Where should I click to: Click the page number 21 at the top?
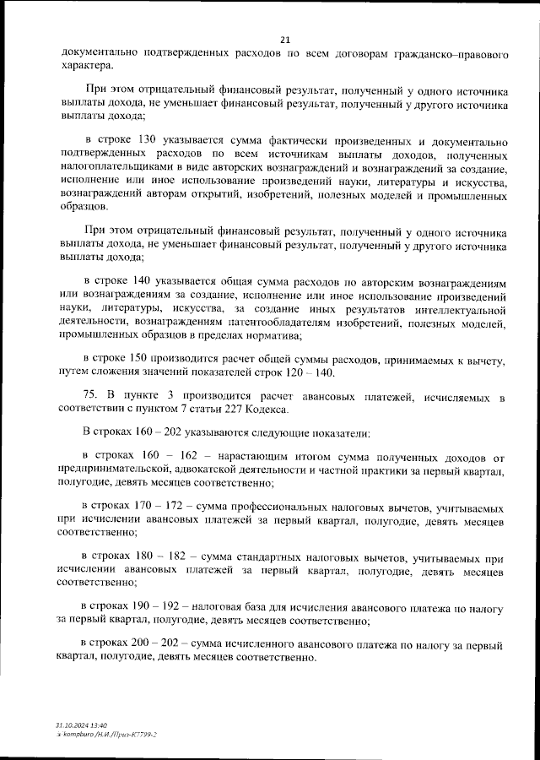pos(284,39)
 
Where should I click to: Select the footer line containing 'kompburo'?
pos(105,735)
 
